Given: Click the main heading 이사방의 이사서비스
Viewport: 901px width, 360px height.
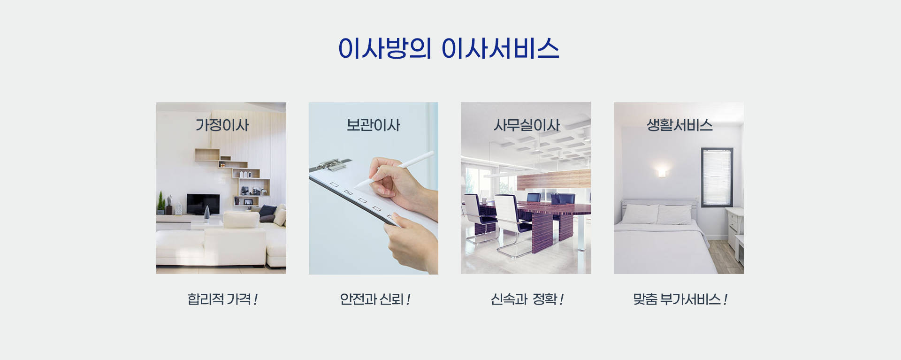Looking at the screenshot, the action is click(x=449, y=48).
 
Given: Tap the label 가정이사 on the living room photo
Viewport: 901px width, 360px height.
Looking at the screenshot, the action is click(x=222, y=125).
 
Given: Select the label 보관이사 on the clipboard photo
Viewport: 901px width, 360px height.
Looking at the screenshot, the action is click(x=374, y=125).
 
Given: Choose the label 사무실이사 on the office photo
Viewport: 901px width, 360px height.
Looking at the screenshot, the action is click(x=527, y=125).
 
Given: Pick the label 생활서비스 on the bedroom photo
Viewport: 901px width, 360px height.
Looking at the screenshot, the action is click(x=680, y=125).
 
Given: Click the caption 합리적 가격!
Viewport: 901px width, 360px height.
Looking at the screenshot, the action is click(x=222, y=299).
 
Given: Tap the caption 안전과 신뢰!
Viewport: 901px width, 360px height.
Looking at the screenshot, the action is click(x=375, y=299).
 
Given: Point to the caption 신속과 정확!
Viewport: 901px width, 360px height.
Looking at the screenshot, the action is click(x=527, y=299).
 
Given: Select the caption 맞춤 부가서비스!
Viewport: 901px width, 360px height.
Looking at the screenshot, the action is click(x=680, y=299).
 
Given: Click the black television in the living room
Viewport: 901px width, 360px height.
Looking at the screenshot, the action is click(x=203, y=204).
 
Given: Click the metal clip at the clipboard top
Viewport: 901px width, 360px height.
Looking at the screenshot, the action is click(x=334, y=164).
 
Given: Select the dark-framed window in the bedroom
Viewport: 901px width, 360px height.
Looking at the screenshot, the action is click(x=717, y=177).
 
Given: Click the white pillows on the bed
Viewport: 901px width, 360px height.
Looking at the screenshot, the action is click(x=657, y=214).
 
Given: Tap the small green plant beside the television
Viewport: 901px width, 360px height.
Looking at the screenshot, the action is click(x=161, y=203).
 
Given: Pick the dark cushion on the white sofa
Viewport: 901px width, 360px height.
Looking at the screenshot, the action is click(x=267, y=213).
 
